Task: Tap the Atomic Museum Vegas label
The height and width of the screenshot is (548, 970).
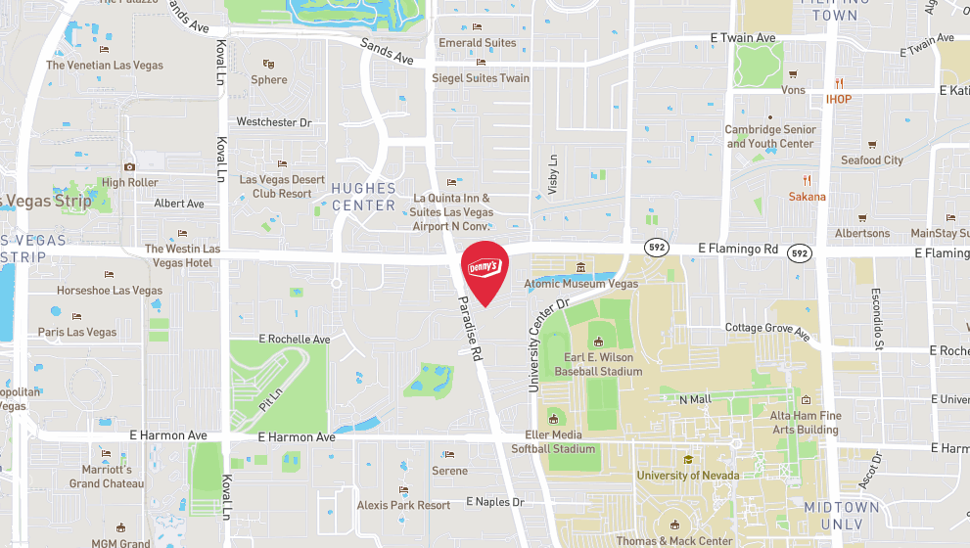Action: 580,284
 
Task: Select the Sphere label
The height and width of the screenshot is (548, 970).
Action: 269,80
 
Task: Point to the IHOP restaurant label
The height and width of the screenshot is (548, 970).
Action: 838,99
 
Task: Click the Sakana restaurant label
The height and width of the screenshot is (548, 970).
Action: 808,197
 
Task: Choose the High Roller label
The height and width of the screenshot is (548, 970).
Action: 129,183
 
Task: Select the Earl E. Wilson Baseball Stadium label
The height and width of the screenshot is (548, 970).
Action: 598,364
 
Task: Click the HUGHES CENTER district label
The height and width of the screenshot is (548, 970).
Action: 363,197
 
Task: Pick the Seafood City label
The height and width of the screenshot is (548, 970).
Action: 872,160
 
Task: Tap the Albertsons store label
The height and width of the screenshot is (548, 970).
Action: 862,233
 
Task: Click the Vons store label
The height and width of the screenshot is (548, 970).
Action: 794,89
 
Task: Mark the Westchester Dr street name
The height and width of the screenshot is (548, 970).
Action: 274,122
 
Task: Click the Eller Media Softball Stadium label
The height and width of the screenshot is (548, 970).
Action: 553,441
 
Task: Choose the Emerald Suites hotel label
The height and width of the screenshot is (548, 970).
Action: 477,43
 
